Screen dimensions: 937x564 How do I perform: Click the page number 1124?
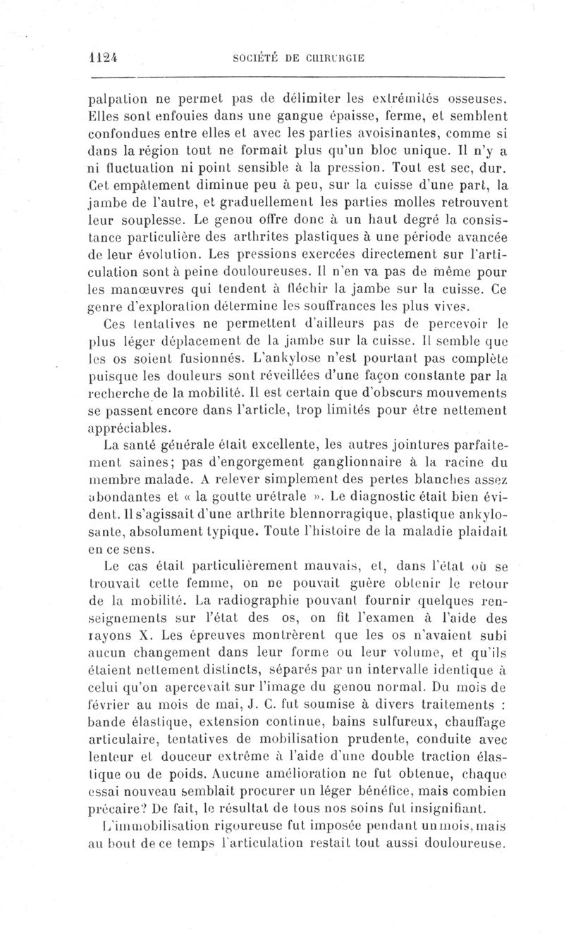(x=103, y=58)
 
